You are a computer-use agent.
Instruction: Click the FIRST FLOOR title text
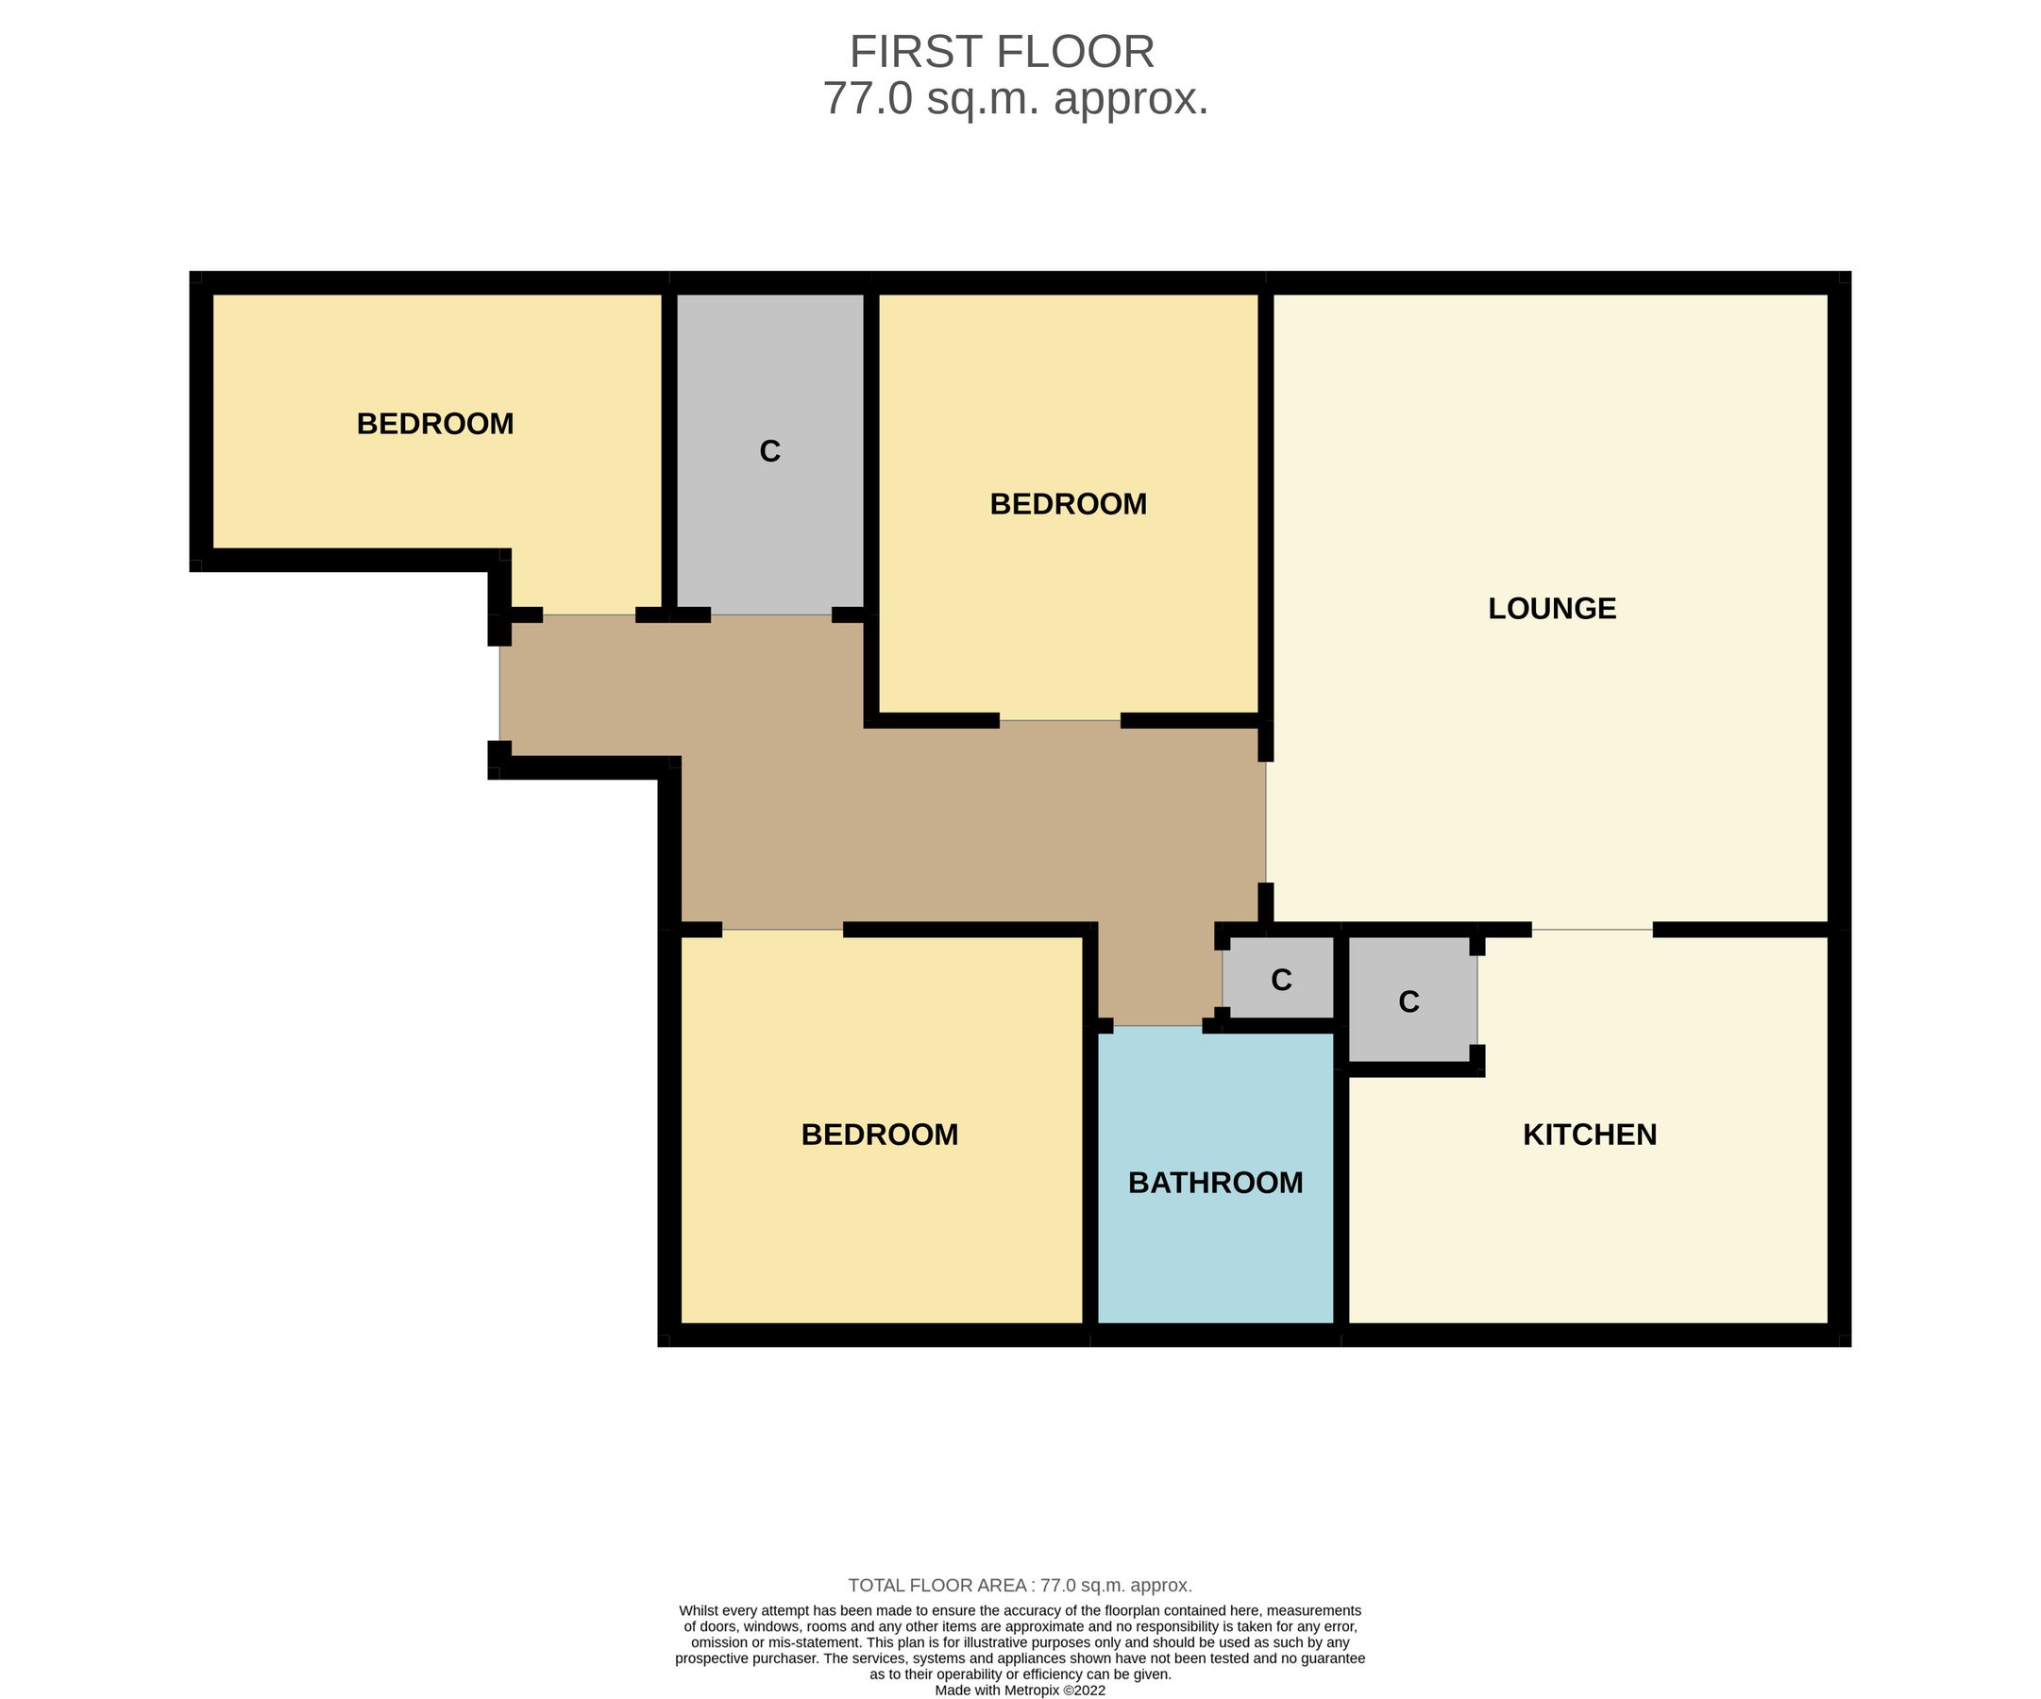[1002, 52]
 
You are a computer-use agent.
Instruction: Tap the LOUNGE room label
[1551, 609]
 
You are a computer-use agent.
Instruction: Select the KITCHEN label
[1589, 1135]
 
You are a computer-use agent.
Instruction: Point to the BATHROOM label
[1215, 1182]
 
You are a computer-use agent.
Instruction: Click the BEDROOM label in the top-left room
[434, 424]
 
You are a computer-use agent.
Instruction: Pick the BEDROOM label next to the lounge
[1068, 503]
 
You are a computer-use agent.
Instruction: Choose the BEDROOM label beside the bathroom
[879, 1135]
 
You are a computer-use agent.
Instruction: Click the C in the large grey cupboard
[769, 451]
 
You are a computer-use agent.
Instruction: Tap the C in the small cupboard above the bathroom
[1281, 980]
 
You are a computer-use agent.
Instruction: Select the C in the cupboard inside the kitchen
[1408, 1001]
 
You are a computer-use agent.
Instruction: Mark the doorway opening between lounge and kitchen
[1592, 930]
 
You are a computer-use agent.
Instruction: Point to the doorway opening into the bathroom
[1157, 1026]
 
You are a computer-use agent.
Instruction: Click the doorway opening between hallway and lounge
[1265, 822]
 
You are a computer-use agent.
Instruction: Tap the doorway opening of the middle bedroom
[1059, 720]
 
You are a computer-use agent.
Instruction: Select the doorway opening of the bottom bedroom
[783, 930]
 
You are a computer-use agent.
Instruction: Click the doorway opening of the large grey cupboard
[770, 615]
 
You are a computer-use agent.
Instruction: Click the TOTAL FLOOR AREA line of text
[1020, 1586]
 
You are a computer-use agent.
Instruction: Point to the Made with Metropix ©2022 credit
[1020, 1691]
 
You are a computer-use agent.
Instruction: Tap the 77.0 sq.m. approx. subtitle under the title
[1016, 98]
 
